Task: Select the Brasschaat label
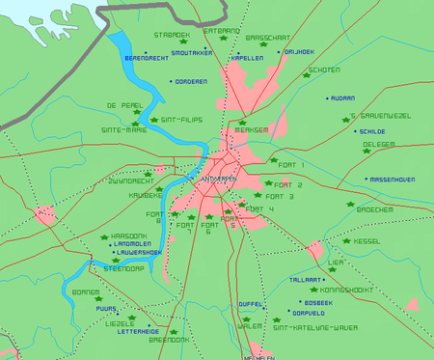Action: pos(266,37)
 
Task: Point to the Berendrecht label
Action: pos(148,58)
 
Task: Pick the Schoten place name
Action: pos(323,70)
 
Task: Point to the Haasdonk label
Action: pos(129,235)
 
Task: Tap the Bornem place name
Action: pos(86,291)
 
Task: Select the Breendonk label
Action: pos(169,340)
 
